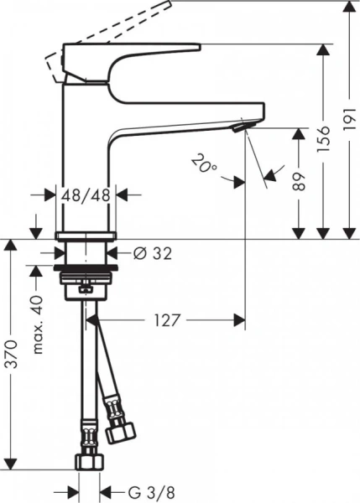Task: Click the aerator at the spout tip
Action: pyautogui.click(x=242, y=127)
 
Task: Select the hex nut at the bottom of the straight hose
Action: pyautogui.click(x=87, y=460)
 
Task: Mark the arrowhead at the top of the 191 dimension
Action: pyautogui.click(x=347, y=8)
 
